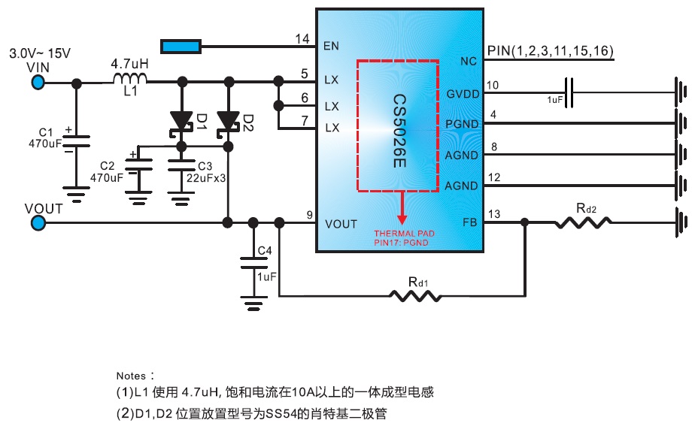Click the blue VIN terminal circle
(x=37, y=80)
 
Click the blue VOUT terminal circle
(x=38, y=222)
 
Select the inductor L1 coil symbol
(x=129, y=79)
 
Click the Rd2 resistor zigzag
(x=584, y=222)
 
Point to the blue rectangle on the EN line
(x=181, y=47)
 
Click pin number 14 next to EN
(x=302, y=39)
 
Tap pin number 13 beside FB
(x=493, y=215)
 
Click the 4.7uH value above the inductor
(x=129, y=64)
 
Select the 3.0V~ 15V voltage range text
(x=39, y=54)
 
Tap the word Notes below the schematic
(x=132, y=374)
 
